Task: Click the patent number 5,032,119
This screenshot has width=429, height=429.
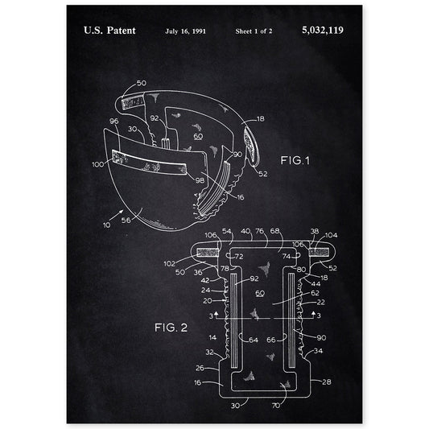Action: [x=323, y=30]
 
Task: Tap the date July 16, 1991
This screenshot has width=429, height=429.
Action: [x=185, y=31]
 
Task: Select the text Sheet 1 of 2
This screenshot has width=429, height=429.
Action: [x=254, y=31]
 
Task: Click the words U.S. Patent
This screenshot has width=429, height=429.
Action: [x=109, y=31]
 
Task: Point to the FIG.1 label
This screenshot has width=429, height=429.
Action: [x=295, y=160]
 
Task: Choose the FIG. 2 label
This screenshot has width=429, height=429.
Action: [x=171, y=328]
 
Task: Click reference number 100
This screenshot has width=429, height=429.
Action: [x=98, y=164]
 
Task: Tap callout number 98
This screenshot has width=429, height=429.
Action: [x=200, y=180]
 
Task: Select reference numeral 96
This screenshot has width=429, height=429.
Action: [x=113, y=121]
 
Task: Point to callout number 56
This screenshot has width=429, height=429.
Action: [x=126, y=221]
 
